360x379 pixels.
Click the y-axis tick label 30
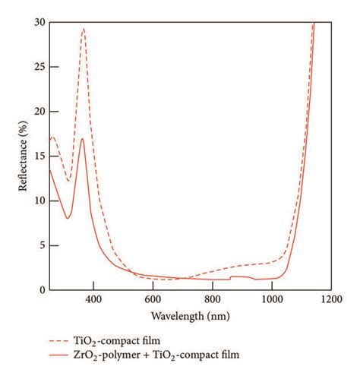point(39,22)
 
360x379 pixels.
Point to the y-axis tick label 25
point(39,67)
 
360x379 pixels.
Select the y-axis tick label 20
point(39,112)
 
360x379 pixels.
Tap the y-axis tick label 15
point(39,156)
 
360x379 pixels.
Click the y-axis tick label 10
point(39,201)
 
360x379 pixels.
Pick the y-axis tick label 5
point(41,246)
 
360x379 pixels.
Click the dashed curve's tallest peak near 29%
point(84,29)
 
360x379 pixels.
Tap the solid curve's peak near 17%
point(82,139)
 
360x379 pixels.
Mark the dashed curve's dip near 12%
point(68,181)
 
